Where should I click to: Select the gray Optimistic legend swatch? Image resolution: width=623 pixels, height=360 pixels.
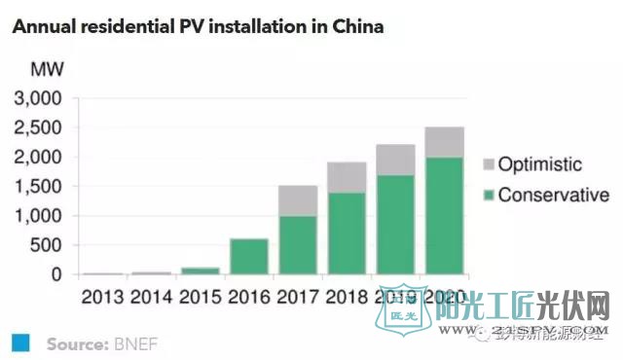pos(490,164)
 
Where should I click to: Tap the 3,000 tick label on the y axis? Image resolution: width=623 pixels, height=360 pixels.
pos(38,99)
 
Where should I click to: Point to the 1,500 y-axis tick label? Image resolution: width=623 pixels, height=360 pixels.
pos(38,187)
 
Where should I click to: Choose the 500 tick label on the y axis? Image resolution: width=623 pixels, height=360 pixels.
pos(47,245)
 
